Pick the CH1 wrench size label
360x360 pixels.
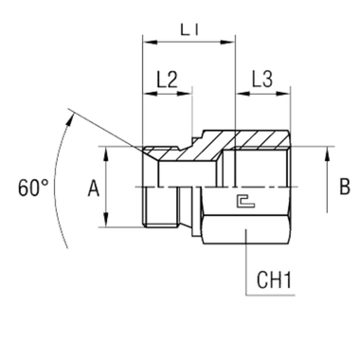[x=275, y=280]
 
